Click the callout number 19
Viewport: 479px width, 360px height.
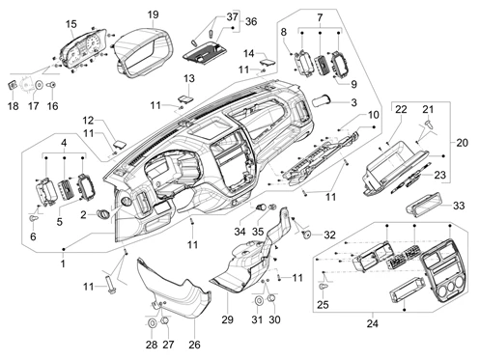coord(154,14)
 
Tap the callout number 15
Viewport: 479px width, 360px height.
coord(71,24)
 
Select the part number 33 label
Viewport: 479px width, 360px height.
coord(459,206)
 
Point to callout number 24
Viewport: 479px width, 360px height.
coord(373,323)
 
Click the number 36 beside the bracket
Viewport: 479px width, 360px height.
coord(251,21)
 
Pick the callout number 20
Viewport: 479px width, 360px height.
coord(462,143)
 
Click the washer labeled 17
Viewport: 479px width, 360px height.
coord(40,85)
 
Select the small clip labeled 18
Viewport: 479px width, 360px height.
coord(13,85)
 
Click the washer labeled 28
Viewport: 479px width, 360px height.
coord(152,322)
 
